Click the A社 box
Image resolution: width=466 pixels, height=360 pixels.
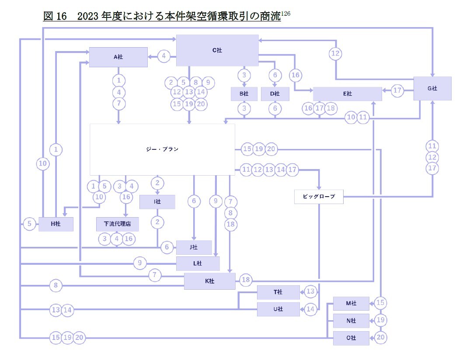pyautogui.click(x=118, y=57)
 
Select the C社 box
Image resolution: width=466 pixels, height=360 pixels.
pyautogui.click(x=217, y=50)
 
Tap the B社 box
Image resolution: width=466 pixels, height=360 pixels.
pyautogui.click(x=244, y=94)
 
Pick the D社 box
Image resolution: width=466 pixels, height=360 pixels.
pyautogui.click(x=275, y=94)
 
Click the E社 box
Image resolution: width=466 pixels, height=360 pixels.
pyautogui.click(x=348, y=94)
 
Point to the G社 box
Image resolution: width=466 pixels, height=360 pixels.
pyautogui.click(x=432, y=89)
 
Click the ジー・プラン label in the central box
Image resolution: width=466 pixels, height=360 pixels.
pyautogui.click(x=162, y=149)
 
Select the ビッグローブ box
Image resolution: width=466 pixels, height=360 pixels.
pyautogui.click(x=319, y=197)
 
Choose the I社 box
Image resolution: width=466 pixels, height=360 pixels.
pyautogui.click(x=157, y=202)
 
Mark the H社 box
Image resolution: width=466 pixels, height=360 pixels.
pyautogui.click(x=56, y=224)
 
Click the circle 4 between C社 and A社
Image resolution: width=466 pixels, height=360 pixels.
pyautogui.click(x=164, y=56)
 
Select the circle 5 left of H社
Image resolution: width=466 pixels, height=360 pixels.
pyautogui.click(x=29, y=224)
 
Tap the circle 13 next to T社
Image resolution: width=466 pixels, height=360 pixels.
pyautogui.click(x=310, y=291)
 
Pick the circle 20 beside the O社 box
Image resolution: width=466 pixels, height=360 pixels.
pyautogui.click(x=381, y=338)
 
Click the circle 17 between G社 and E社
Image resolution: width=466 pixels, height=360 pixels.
pyautogui.click(x=397, y=91)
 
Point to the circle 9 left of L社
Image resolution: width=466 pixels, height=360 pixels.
pyautogui.click(x=140, y=263)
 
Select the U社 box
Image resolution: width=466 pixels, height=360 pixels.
pyautogui.click(x=278, y=309)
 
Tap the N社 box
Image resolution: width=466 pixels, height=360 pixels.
pyautogui.click(x=351, y=321)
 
